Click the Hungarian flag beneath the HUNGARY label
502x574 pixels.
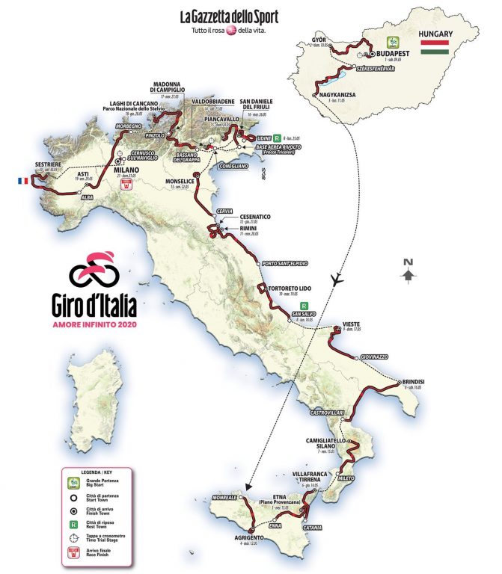[x=434, y=49]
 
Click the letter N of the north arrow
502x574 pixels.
[x=408, y=262]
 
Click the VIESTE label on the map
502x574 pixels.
[x=352, y=324]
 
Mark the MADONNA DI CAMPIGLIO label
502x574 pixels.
[x=173, y=87]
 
